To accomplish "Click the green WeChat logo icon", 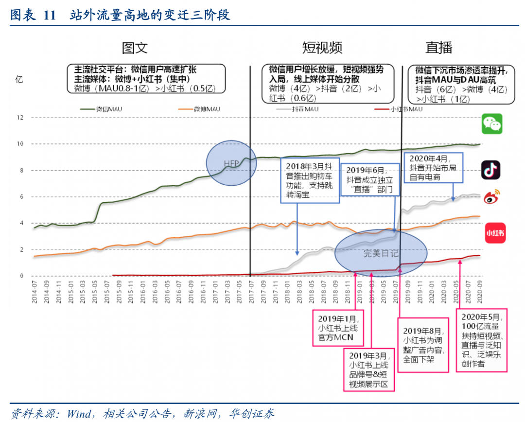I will (492, 124).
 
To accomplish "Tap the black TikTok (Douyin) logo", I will (490, 170).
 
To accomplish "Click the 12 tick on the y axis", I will (20, 118).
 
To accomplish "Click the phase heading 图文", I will (135, 48).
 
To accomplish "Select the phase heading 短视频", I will (322, 48).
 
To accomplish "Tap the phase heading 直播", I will (438, 48).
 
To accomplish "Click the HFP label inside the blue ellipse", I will (231, 163).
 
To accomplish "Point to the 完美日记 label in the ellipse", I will (381, 253).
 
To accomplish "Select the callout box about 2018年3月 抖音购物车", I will (309, 181).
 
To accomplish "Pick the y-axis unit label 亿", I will (19, 79).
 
